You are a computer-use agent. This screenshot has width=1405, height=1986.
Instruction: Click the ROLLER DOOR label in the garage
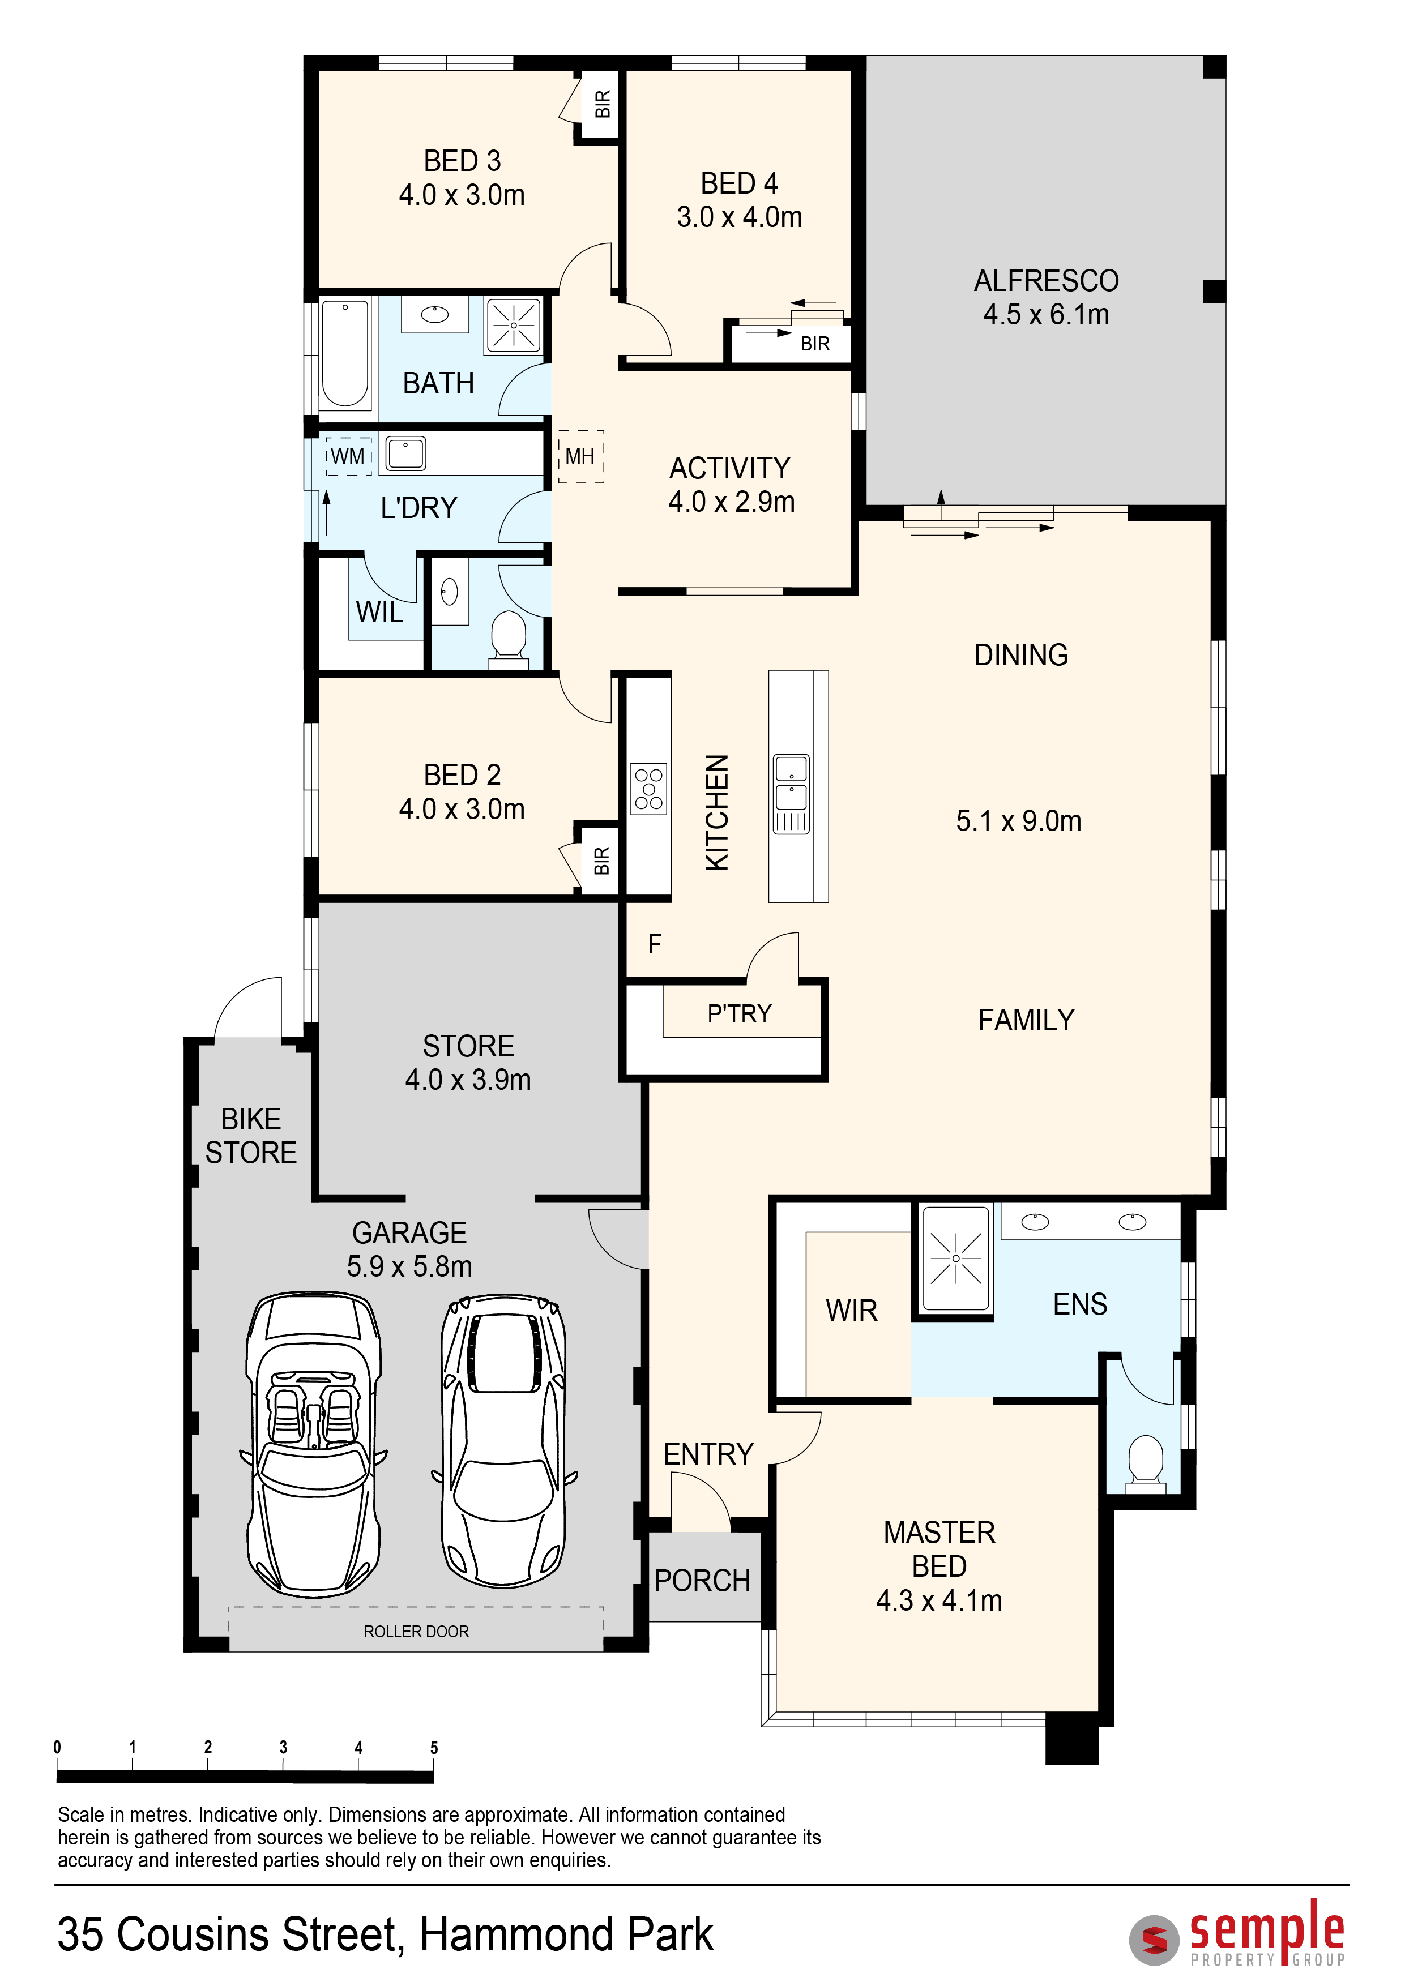[x=416, y=1632]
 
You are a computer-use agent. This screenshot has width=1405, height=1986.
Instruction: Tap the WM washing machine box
[x=349, y=456]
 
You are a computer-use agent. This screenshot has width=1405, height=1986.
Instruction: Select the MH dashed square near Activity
[x=580, y=456]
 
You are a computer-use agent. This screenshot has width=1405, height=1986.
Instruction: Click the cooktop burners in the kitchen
[x=649, y=789]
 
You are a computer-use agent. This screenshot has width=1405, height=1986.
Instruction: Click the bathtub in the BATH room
[x=345, y=353]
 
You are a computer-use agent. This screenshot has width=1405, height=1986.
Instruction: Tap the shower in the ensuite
[x=956, y=1259]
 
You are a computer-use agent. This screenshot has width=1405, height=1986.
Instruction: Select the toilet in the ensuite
[x=1146, y=1461]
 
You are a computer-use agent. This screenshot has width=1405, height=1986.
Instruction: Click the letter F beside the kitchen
[x=654, y=944]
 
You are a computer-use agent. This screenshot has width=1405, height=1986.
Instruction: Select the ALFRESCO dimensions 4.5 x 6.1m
[x=1046, y=314]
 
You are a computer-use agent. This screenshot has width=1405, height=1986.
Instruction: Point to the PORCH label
[x=702, y=1580]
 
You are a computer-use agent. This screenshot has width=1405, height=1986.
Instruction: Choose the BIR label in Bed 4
[x=815, y=344]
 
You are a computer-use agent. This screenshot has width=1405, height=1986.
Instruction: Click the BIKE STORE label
[x=251, y=1136]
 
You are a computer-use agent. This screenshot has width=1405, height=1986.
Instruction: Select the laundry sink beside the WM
[x=405, y=453]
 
